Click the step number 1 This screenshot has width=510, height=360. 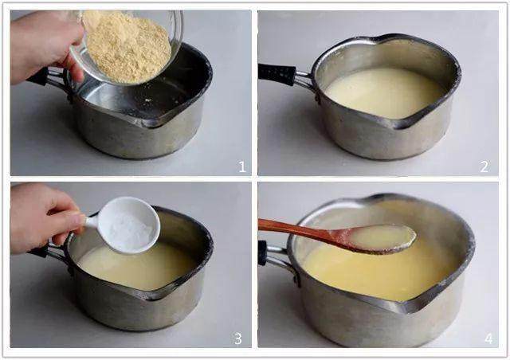[x=242, y=166]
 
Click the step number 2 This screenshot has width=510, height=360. [x=484, y=166]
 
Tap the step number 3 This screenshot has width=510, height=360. [x=238, y=338]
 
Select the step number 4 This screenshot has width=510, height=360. [x=488, y=338]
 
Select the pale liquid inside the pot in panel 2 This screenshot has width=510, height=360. [x=384, y=92]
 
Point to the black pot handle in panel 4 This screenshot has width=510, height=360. [x=262, y=253]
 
